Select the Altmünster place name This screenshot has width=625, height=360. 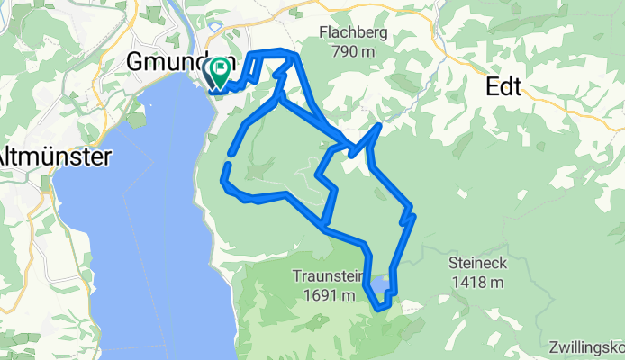pos(54,156)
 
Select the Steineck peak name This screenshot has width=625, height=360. pos(477,264)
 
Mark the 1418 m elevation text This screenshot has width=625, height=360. pos(477,282)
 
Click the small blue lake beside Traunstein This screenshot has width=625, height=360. pos(382,285)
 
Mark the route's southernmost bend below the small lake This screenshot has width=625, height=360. pos(383,307)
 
